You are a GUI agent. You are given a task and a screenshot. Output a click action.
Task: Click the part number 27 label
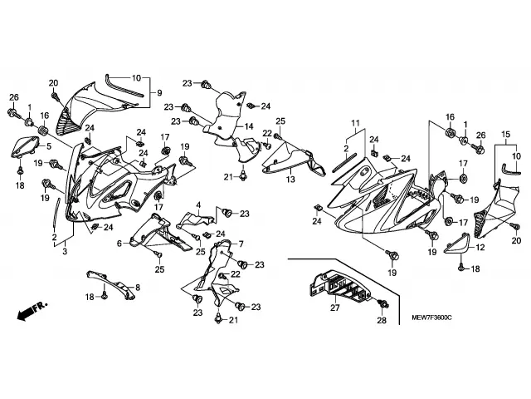335,308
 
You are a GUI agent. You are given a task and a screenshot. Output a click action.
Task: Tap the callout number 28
382,320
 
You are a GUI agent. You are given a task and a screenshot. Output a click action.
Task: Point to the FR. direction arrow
31,314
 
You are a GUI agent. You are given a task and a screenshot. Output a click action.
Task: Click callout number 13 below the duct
290,179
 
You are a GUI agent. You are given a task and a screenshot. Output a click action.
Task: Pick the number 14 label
248,126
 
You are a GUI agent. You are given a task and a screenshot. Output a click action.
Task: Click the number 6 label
119,243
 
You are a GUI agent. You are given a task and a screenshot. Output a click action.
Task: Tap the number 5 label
49,147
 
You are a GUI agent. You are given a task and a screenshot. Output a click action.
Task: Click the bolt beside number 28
382,302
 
